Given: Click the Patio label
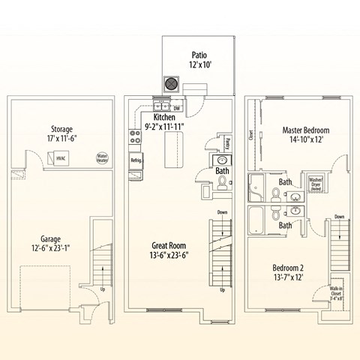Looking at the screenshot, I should coord(199,54).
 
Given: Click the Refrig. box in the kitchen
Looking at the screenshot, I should coord(136,160).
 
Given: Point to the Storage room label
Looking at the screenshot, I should coord(61,128).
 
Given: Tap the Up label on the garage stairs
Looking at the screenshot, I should coord(102,288).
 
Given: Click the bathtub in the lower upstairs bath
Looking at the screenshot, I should coord(257,221).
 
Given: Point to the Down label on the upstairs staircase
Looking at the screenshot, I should coord(339,217).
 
